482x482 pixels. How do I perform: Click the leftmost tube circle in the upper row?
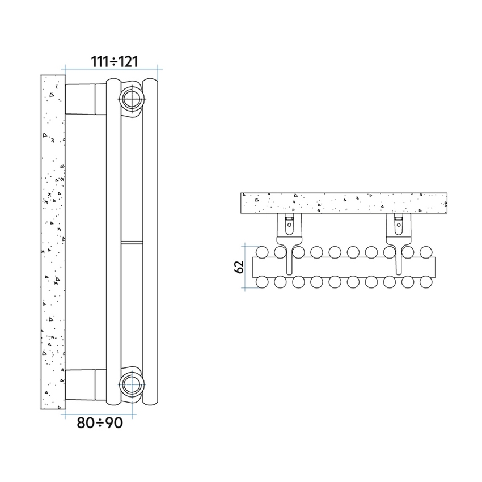point(262,251)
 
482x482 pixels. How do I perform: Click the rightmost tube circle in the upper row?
point(425,251)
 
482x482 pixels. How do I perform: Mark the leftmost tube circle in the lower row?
point(262,282)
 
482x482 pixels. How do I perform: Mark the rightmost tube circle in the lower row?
point(425,282)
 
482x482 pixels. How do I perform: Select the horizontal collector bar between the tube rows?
point(344,267)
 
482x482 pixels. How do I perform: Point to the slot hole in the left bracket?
point(289,225)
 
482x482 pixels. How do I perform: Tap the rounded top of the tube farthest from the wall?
point(151,82)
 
